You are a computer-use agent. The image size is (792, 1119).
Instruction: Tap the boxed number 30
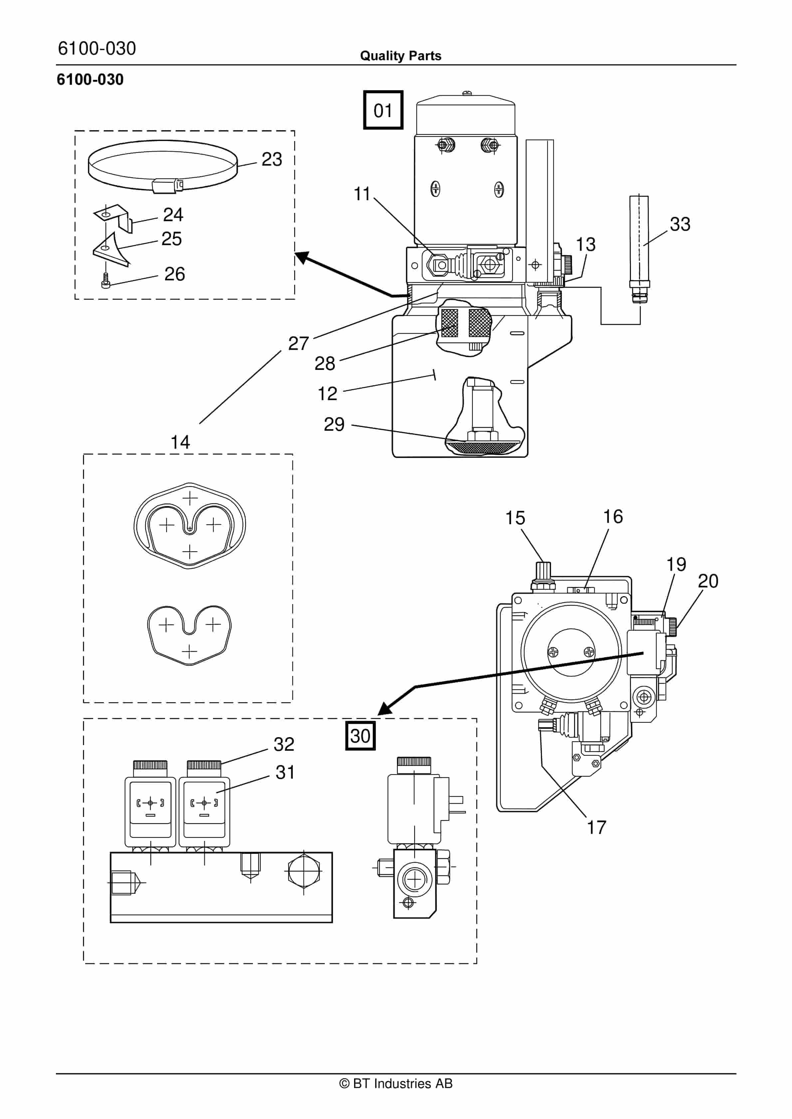[x=360, y=735]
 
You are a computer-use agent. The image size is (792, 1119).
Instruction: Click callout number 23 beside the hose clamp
[x=272, y=159]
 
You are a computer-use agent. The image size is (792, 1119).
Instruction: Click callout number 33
[x=680, y=224]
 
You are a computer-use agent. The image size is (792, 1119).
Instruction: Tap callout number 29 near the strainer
[x=334, y=424]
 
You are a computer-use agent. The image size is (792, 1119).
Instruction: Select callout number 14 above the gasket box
[x=180, y=442]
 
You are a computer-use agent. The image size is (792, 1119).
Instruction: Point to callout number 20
[x=707, y=581]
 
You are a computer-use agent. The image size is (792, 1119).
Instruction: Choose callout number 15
[x=515, y=518]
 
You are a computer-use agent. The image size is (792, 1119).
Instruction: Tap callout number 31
[x=285, y=772]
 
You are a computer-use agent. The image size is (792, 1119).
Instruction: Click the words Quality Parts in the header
[x=400, y=56]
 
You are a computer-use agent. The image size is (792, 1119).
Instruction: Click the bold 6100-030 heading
[x=90, y=80]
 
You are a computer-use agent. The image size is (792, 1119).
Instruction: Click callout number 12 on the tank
[x=327, y=394]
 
